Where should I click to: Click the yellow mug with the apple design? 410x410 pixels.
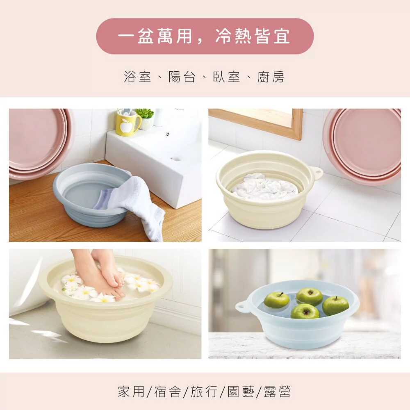point(128,123)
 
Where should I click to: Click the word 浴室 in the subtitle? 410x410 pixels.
point(137,77)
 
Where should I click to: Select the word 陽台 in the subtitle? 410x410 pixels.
point(182,77)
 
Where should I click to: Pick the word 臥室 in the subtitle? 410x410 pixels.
point(226,77)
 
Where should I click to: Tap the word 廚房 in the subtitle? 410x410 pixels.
point(271,77)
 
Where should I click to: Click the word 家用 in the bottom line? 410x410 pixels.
point(131,392)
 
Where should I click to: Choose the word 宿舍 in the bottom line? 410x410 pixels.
point(168,392)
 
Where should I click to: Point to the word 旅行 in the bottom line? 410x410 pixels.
point(204,392)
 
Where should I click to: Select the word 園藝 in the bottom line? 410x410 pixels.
point(241,392)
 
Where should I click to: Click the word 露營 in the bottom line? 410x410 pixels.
point(277,392)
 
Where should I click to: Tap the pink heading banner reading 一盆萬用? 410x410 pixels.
point(205,36)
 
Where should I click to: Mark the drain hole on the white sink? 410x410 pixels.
point(175,158)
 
